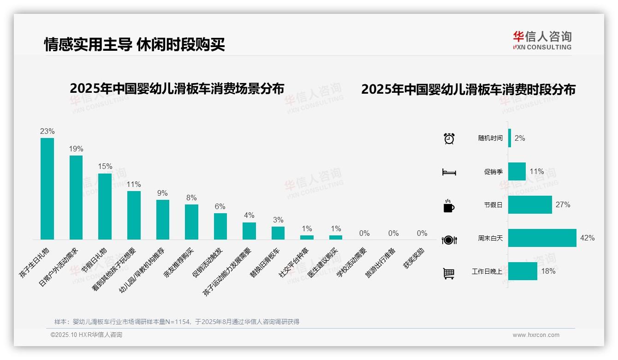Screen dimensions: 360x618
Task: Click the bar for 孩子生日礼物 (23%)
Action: (47, 188)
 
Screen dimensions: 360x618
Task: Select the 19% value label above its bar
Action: (76, 149)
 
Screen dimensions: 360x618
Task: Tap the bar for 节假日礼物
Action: (105, 206)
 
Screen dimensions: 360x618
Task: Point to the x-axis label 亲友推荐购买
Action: (179, 263)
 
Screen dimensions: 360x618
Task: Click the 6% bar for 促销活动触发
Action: (220, 226)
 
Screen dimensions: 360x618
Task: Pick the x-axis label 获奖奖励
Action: (414, 258)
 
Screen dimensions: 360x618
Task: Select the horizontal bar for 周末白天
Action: (542, 238)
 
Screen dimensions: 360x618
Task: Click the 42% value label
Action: (587, 238)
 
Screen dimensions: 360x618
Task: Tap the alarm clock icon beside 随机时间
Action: (449, 138)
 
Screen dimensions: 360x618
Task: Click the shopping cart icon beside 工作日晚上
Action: (449, 273)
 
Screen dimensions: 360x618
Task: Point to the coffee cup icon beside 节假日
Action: (449, 206)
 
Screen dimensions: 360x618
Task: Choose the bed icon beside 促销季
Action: (449, 172)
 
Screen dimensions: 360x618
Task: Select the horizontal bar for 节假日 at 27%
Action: (530, 204)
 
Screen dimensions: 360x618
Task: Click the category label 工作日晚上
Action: (487, 271)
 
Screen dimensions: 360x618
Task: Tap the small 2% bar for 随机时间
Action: (510, 138)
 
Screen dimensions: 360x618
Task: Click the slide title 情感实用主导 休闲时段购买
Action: (134, 45)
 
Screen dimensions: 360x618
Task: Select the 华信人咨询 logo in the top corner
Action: (542, 40)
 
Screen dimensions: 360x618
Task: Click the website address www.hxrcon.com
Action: (535, 335)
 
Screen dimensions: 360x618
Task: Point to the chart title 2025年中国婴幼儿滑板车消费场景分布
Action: (177, 89)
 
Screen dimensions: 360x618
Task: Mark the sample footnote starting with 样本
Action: (177, 322)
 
